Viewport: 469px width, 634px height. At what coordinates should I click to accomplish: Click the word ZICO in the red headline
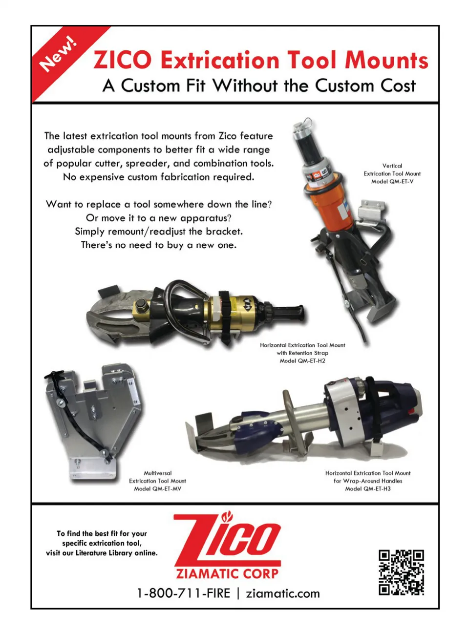123,60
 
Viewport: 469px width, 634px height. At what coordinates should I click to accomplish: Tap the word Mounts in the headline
386,60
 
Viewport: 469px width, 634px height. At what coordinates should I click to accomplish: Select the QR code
401,572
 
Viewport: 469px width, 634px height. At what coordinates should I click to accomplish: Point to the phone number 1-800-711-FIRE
184,593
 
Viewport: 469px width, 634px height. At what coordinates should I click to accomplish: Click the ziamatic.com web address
283,593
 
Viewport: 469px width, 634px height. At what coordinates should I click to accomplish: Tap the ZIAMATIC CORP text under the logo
227,574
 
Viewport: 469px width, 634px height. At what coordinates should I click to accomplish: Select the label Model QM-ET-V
392,182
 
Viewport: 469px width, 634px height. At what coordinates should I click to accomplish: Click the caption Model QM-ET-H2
302,361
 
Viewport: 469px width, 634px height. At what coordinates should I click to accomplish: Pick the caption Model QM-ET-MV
158,489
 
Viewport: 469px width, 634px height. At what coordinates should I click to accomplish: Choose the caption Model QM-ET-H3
368,489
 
